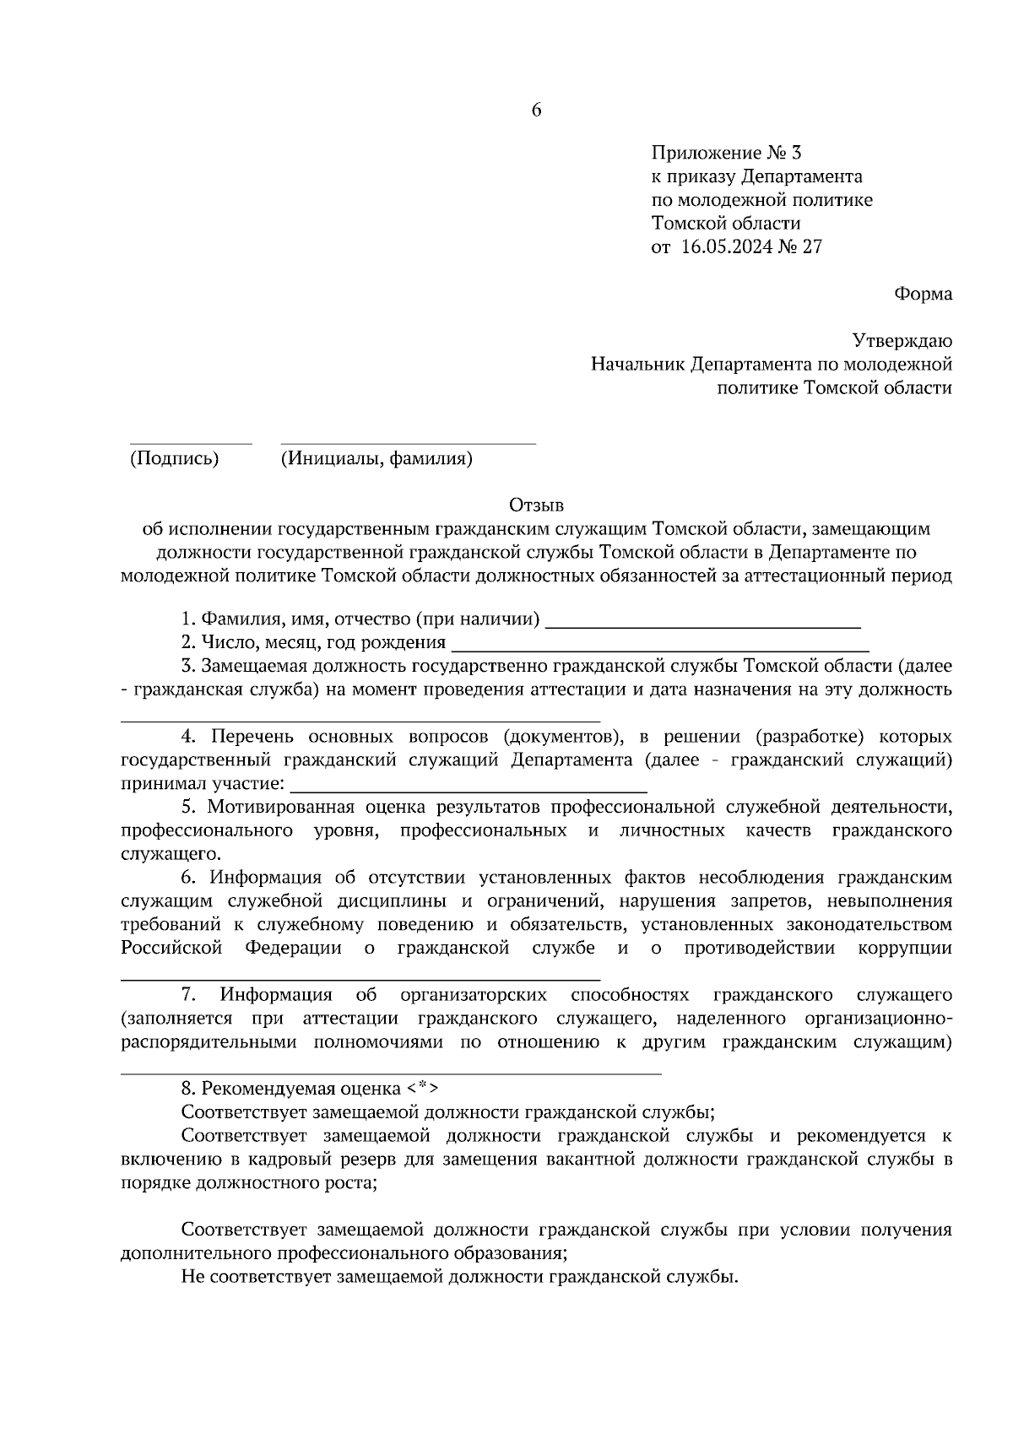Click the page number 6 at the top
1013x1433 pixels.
click(536, 111)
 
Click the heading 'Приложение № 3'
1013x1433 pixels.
click(725, 154)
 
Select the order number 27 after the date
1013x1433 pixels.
click(811, 247)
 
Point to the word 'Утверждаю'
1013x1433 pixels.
click(902, 341)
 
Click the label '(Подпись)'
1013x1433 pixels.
click(174, 459)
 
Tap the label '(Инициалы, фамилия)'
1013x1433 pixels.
click(376, 459)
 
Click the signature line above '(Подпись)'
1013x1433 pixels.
click(190, 443)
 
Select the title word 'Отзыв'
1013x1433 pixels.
click(535, 506)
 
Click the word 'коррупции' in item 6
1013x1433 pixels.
click(905, 948)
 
